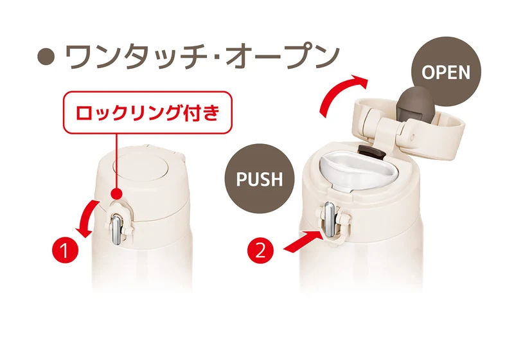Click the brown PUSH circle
coord(260,179)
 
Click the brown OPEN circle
coord(446,71)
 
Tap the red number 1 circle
coord(66,250)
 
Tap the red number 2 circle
coord(260,251)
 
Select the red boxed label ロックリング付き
coord(148,113)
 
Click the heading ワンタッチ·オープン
coord(202,57)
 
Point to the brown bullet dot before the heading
coord(46,57)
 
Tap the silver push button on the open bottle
coord(330,219)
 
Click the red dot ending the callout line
coord(117,194)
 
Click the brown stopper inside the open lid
coord(414,104)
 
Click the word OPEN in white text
coord(446,72)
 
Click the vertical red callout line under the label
coord(117,161)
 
